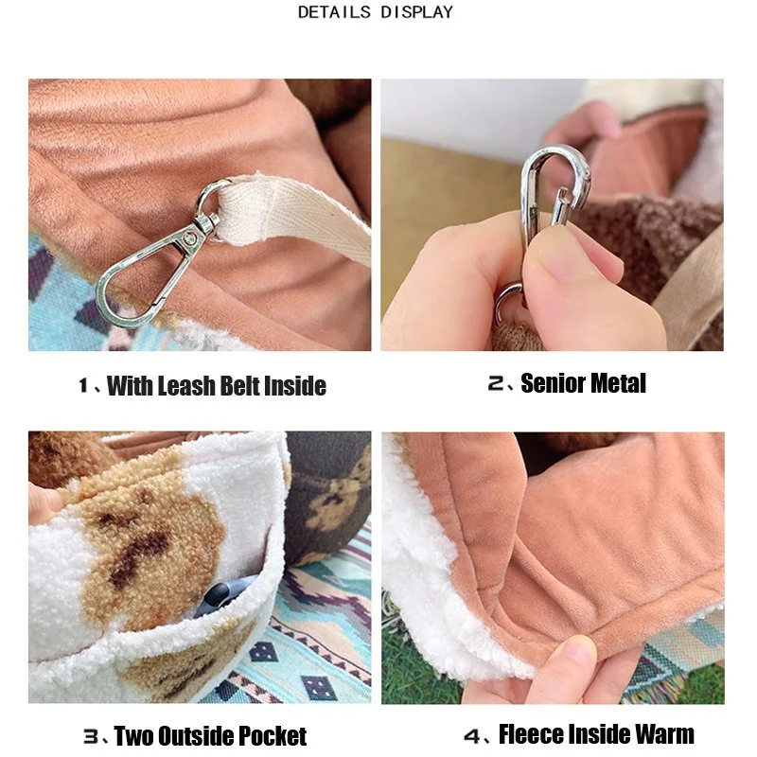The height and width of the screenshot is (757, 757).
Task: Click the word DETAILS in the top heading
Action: (335, 12)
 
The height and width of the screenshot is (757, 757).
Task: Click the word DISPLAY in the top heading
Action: (417, 12)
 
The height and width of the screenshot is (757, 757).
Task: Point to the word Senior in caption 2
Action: (553, 383)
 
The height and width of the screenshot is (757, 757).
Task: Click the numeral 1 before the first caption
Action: (83, 386)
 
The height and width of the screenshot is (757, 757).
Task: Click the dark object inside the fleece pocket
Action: (220, 596)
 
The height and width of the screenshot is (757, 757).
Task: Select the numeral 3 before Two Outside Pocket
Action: (91, 737)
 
